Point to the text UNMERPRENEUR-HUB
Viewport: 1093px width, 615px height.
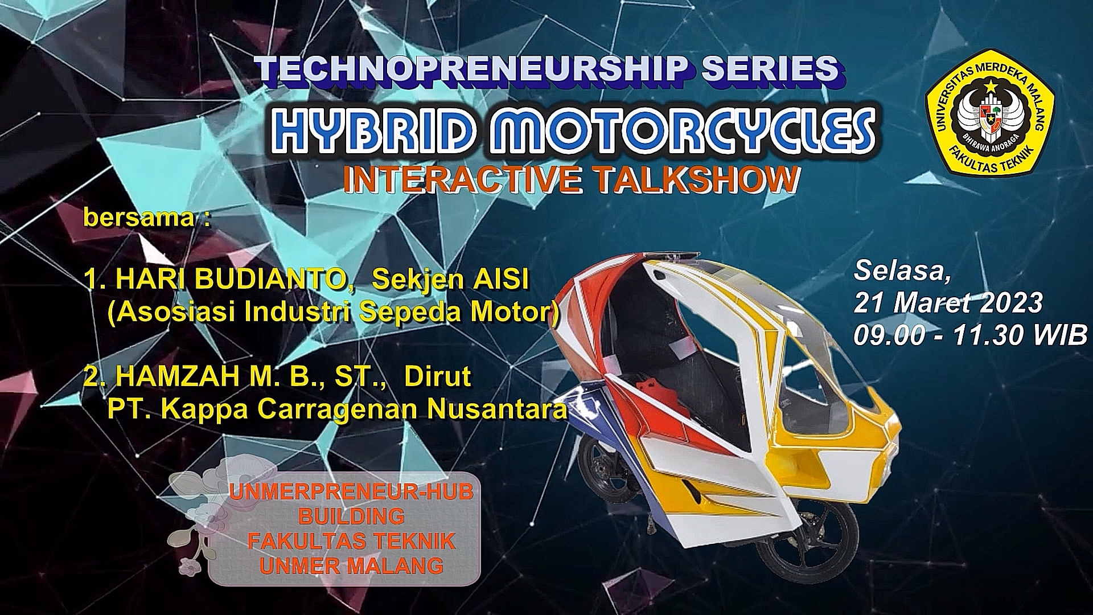[x=351, y=492]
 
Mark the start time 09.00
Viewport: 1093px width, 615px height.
[x=889, y=335]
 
